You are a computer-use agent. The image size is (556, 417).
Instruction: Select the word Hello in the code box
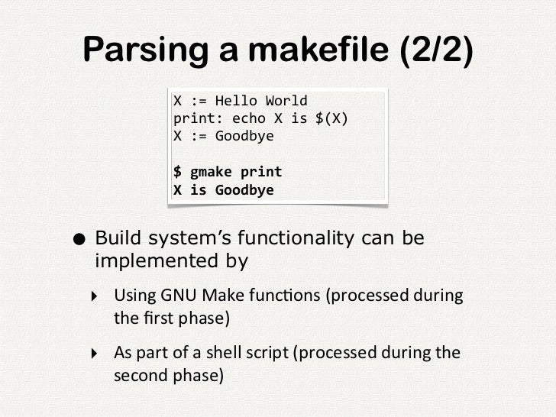pyautogui.click(x=236, y=101)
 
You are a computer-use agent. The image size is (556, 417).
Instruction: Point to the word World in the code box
pyautogui.click(x=286, y=101)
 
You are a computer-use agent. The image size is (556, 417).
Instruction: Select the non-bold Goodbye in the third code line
pyautogui.click(x=244, y=137)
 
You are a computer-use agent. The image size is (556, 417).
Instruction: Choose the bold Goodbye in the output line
pyautogui.click(x=244, y=190)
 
